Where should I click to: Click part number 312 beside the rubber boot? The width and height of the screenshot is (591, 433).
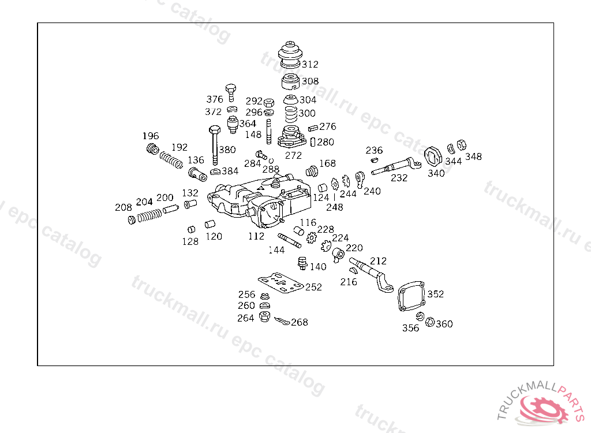[x=310, y=64]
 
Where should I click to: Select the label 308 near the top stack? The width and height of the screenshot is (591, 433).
[x=310, y=81]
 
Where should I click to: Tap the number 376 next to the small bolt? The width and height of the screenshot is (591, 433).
[x=215, y=99]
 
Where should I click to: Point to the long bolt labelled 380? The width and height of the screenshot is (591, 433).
[x=214, y=144]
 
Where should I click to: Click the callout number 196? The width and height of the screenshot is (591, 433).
[x=151, y=136]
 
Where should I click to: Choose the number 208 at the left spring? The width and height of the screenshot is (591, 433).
[x=123, y=207]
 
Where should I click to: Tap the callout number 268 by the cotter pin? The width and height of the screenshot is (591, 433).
[x=300, y=322]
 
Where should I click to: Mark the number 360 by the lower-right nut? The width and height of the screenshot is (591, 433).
[x=444, y=324]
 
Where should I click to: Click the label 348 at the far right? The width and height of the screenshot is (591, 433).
[x=473, y=156]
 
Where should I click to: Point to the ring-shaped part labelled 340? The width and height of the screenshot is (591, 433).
[x=433, y=156]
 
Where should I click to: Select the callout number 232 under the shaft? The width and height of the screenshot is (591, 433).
[x=399, y=178]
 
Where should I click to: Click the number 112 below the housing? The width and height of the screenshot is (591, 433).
[x=256, y=236]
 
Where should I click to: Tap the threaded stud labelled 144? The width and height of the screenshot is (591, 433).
[x=290, y=240]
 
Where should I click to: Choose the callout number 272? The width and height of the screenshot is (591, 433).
[x=293, y=155]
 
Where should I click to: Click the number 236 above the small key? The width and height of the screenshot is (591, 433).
[x=374, y=150]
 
